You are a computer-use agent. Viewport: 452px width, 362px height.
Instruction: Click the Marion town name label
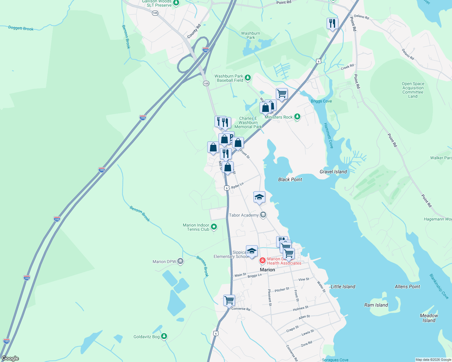267,270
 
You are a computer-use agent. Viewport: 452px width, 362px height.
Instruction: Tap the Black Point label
290,179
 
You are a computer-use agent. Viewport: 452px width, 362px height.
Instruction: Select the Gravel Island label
333,172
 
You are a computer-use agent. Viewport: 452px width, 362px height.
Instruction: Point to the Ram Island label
376,305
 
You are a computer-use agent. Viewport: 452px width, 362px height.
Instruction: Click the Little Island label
343,287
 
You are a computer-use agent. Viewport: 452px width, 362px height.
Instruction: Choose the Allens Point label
407,287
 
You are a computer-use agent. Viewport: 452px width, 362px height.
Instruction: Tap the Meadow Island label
429,318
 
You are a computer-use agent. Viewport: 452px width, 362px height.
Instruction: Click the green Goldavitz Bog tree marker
164,336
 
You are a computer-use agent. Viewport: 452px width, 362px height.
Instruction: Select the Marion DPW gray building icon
180,261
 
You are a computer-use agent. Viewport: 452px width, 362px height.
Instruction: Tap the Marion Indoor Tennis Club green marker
214,227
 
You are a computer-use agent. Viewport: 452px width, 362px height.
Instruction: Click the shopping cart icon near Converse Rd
229,300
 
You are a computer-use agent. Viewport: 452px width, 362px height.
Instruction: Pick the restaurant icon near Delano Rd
332,23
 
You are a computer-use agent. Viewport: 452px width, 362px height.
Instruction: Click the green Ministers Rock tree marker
297,117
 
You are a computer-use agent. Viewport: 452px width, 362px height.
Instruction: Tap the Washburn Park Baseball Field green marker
248,78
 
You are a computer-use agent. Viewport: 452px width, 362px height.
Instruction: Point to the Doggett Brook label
21,28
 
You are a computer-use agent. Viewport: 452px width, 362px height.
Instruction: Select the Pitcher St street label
282,290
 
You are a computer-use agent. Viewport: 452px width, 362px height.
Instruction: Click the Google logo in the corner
10,358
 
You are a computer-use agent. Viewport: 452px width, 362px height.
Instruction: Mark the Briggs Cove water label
321,101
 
